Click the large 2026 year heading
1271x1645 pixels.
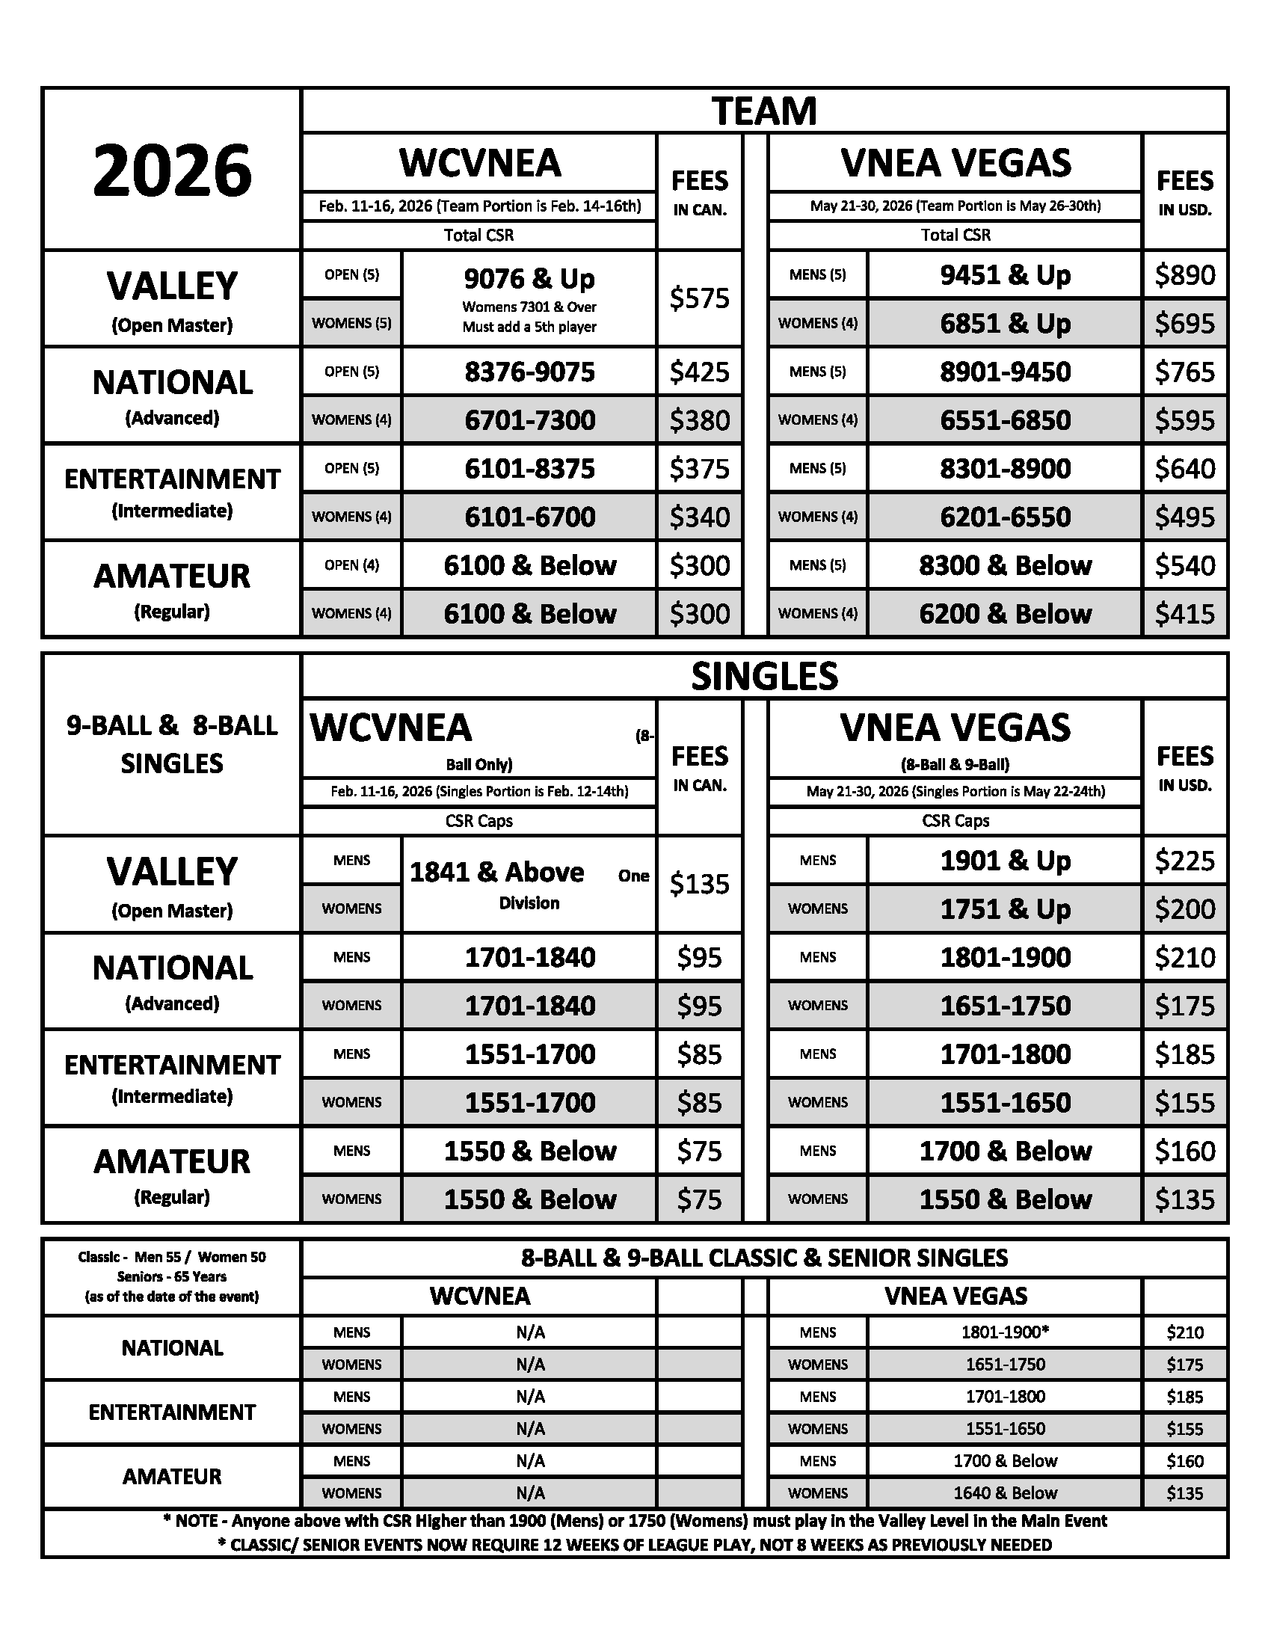point(172,170)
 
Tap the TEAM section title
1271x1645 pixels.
point(763,111)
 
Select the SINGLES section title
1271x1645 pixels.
point(763,676)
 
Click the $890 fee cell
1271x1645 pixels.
point(1184,275)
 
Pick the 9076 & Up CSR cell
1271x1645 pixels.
point(529,280)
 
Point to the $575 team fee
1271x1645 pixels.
point(699,298)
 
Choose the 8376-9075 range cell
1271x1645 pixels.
point(529,372)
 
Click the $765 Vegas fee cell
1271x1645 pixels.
point(1184,372)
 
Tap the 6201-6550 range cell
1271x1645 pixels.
point(1004,517)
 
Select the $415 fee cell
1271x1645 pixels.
point(1184,614)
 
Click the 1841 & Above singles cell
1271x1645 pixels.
point(497,872)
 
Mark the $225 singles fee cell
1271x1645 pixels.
point(1184,860)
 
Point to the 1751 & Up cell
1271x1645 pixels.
point(1004,909)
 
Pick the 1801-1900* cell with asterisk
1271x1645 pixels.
point(1004,1332)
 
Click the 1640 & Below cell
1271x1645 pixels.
point(1004,1493)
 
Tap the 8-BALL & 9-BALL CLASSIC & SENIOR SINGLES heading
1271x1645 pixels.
point(763,1258)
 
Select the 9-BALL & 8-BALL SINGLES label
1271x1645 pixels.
point(172,744)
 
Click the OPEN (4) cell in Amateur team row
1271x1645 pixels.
point(351,565)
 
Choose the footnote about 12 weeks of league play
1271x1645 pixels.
point(634,1545)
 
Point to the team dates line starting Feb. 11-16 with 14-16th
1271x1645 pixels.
point(480,206)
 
